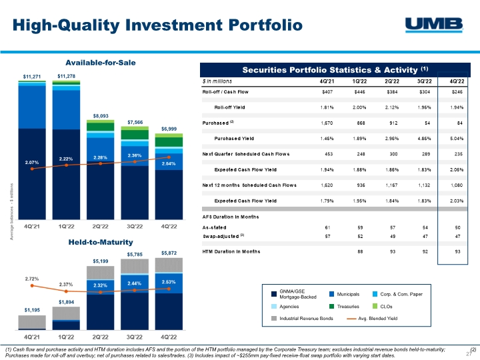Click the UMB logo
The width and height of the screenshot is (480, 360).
click(435, 25)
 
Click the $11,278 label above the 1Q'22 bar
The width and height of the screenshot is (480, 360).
click(66, 76)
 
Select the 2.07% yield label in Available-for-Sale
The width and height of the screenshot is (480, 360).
click(33, 162)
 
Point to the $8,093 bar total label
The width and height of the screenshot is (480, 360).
click(100, 115)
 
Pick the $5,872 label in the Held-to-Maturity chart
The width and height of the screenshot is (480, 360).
click(169, 253)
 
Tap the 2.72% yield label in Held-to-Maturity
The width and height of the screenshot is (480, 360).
click(31, 278)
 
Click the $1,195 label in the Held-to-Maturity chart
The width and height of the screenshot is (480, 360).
click(31, 310)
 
